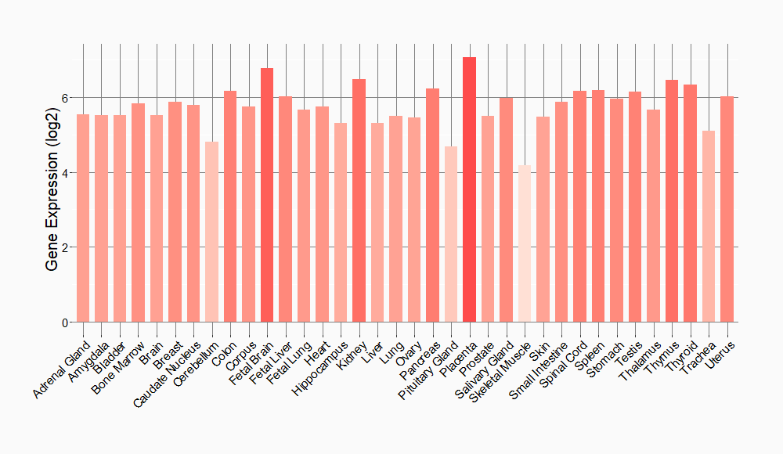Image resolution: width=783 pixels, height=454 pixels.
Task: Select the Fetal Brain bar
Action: point(267,195)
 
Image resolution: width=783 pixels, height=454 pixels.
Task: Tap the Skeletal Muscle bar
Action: point(525,243)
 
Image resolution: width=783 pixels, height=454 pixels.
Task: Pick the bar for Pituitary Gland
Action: point(451,234)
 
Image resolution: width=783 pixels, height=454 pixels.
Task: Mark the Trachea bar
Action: point(709,226)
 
